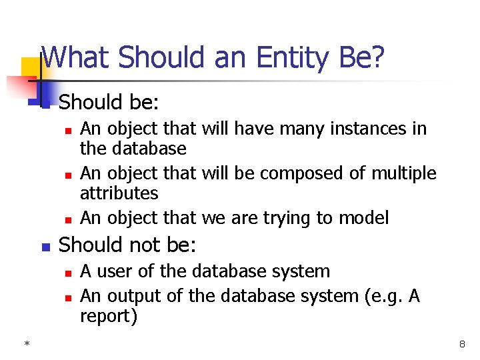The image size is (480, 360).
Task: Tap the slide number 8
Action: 461,344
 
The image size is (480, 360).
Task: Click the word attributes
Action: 119,194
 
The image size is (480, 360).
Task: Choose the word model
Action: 365,218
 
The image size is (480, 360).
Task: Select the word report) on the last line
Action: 109,317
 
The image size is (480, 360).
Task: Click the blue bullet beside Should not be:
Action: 45,247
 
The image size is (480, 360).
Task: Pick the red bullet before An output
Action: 68,297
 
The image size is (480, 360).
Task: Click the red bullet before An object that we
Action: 68,219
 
